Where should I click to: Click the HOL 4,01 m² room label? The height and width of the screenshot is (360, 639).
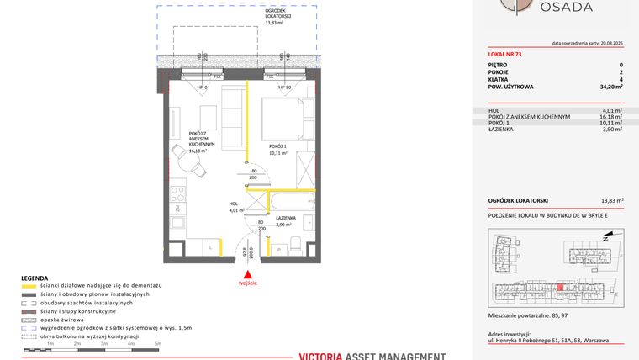click(x=235, y=208)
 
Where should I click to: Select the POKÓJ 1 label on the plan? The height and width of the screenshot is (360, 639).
click(x=277, y=148)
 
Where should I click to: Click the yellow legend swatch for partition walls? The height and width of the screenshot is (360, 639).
click(x=29, y=286)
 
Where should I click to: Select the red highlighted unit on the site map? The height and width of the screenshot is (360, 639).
click(x=561, y=286)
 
